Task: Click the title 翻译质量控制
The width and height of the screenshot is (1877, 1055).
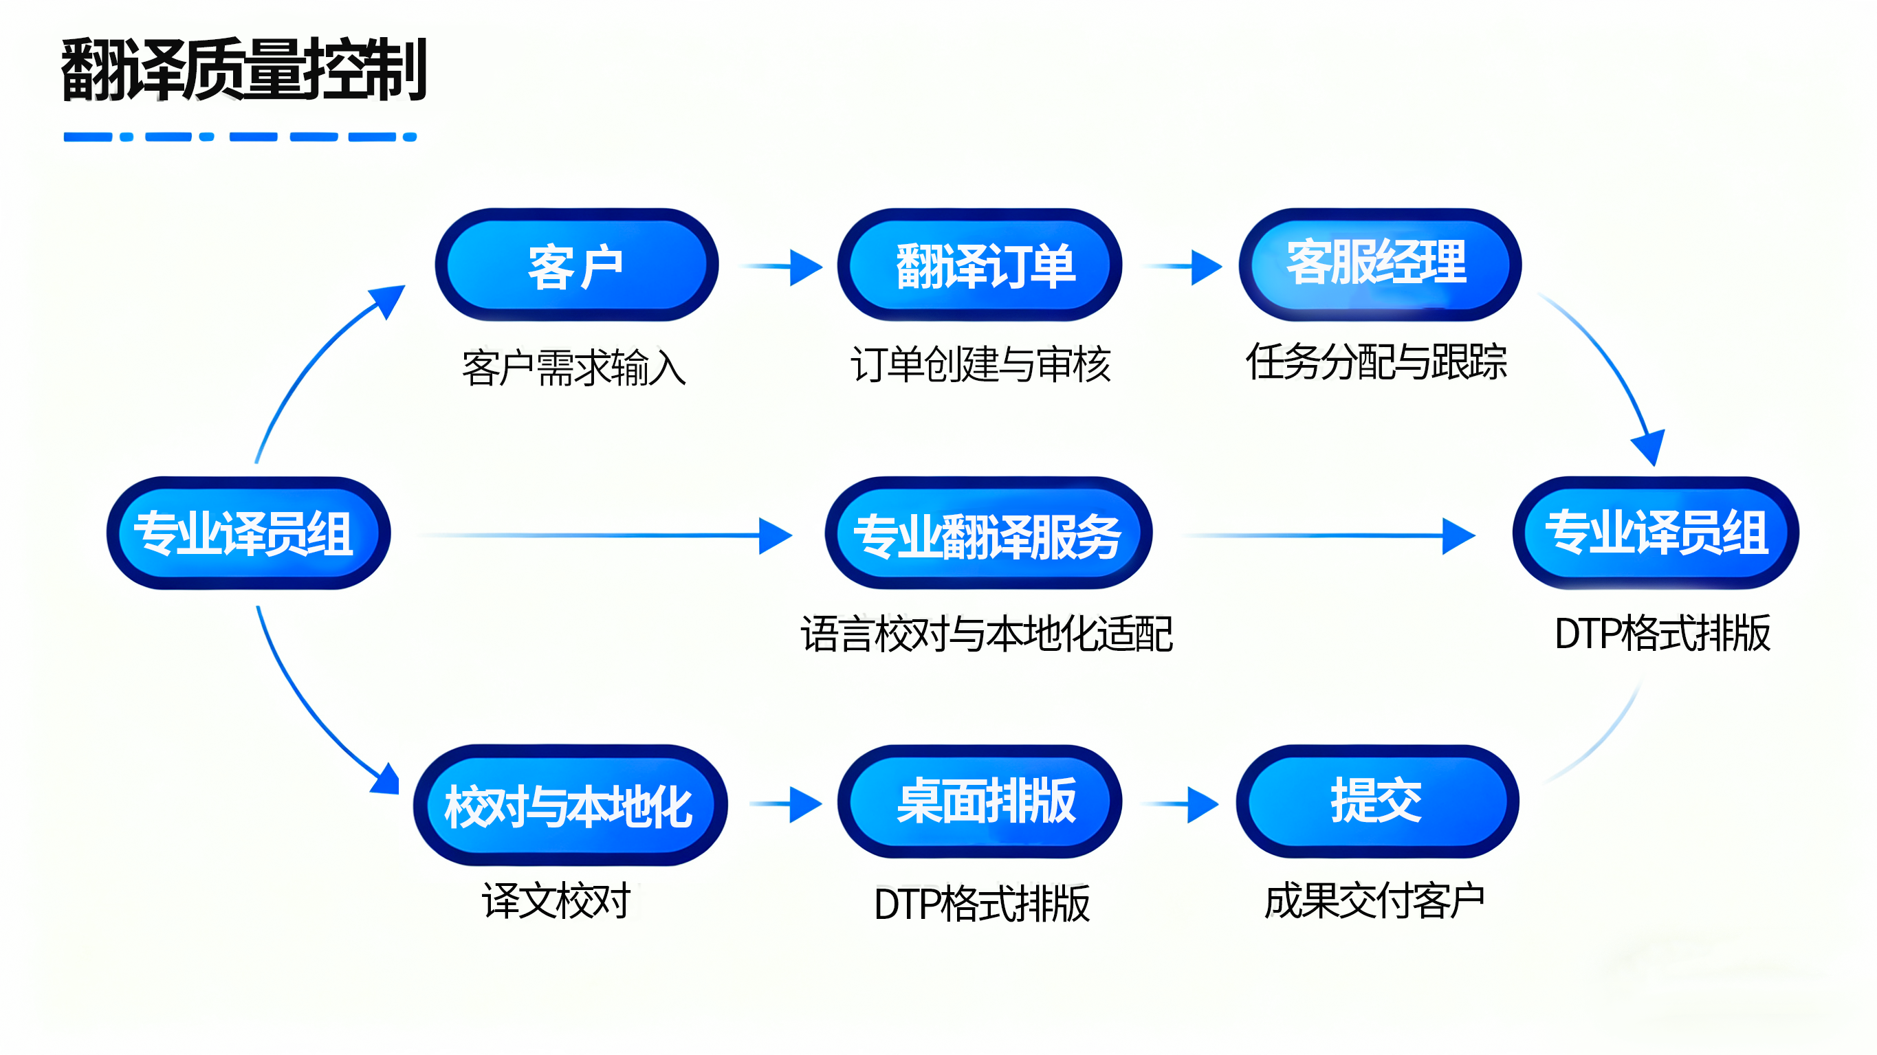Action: click(243, 69)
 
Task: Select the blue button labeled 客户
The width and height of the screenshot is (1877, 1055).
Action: click(575, 265)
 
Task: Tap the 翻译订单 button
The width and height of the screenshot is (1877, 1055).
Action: click(979, 265)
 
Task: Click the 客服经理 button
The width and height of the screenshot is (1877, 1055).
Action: click(1379, 264)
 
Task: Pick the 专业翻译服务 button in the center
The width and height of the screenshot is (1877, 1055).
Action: click(987, 534)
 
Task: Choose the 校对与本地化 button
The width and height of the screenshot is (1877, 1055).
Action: click(570, 804)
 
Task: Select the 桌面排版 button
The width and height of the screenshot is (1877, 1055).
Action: click(979, 801)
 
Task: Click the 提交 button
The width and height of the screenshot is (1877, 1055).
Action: click(1377, 801)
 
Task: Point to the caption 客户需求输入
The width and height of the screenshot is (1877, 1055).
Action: click(574, 367)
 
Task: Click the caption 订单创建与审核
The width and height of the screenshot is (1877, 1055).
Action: click(980, 364)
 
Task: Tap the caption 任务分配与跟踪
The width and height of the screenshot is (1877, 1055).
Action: click(1376, 362)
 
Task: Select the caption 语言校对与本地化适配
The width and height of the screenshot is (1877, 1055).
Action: click(987, 633)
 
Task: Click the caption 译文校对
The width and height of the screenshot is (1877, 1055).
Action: click(557, 900)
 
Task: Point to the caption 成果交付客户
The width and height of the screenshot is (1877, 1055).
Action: click(1374, 900)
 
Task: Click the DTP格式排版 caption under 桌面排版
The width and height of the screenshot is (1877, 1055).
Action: click(982, 904)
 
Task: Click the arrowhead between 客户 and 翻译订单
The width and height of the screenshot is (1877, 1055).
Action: click(804, 267)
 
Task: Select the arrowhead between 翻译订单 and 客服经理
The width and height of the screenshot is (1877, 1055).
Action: click(1206, 267)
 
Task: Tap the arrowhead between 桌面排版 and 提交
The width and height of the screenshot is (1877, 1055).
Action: click(1203, 804)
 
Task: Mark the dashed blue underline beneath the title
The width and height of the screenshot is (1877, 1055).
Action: click(240, 136)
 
